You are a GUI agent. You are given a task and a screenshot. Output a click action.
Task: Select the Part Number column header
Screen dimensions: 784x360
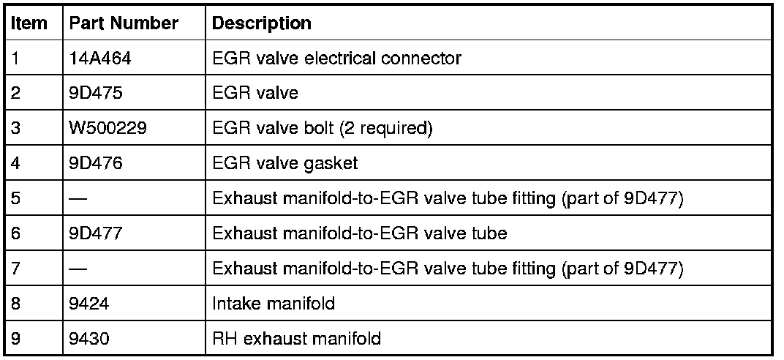(x=124, y=23)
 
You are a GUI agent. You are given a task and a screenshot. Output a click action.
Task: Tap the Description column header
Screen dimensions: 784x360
(x=261, y=23)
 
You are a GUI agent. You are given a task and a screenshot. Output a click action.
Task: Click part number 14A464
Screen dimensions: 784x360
(x=100, y=59)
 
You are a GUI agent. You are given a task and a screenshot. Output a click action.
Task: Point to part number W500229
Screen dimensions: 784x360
(x=104, y=129)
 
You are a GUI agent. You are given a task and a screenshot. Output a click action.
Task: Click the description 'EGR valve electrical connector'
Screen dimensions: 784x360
(x=336, y=59)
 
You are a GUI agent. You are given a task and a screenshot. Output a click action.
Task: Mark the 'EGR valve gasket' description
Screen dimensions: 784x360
(x=284, y=163)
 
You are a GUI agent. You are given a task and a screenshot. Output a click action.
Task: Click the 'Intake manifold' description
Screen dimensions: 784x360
(x=273, y=304)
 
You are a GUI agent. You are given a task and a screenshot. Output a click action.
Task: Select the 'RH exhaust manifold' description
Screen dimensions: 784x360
(x=295, y=339)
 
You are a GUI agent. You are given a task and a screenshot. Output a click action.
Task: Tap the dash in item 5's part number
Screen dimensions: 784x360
(x=79, y=199)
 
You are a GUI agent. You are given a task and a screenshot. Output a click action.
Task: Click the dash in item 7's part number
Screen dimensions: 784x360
(x=79, y=269)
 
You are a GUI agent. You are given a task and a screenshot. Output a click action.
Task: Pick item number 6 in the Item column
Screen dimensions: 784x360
(x=16, y=233)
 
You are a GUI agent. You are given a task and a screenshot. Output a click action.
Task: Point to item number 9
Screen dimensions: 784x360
(x=16, y=339)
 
